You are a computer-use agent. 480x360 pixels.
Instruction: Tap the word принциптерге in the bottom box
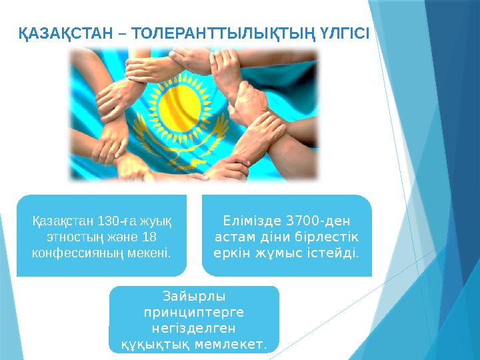pos(194,312)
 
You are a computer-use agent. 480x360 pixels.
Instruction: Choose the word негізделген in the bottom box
pos(194,328)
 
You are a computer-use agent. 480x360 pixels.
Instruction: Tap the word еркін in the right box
pos(232,253)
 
